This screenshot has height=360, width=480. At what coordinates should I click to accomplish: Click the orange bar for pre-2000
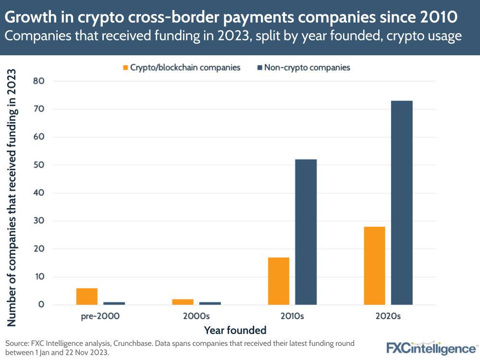pyautogui.click(x=87, y=297)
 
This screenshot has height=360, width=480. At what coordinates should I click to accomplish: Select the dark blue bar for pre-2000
pyautogui.click(x=114, y=303)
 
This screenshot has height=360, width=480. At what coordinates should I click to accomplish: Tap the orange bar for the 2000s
pyautogui.click(x=183, y=302)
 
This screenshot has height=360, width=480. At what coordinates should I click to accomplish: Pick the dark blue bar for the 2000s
pyautogui.click(x=210, y=303)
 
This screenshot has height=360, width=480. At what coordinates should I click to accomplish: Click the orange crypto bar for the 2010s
pyautogui.click(x=279, y=281)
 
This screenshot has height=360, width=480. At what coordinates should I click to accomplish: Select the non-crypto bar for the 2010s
pyautogui.click(x=306, y=232)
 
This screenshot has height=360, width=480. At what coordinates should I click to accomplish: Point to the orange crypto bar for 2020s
pyautogui.click(x=374, y=266)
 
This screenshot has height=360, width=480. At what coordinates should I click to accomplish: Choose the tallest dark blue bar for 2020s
pyautogui.click(x=402, y=203)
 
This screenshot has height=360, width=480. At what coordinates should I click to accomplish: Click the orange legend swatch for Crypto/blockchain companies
pyautogui.click(x=126, y=68)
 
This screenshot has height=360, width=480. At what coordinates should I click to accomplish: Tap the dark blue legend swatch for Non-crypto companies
pyautogui.click(x=260, y=68)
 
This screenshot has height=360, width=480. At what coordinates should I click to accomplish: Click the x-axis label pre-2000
pyautogui.click(x=100, y=316)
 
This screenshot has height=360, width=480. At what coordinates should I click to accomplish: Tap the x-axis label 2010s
pyautogui.click(x=292, y=316)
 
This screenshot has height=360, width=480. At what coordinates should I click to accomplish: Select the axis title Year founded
pyautogui.click(x=235, y=330)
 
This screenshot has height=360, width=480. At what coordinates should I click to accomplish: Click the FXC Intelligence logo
pyautogui.click(x=431, y=348)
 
